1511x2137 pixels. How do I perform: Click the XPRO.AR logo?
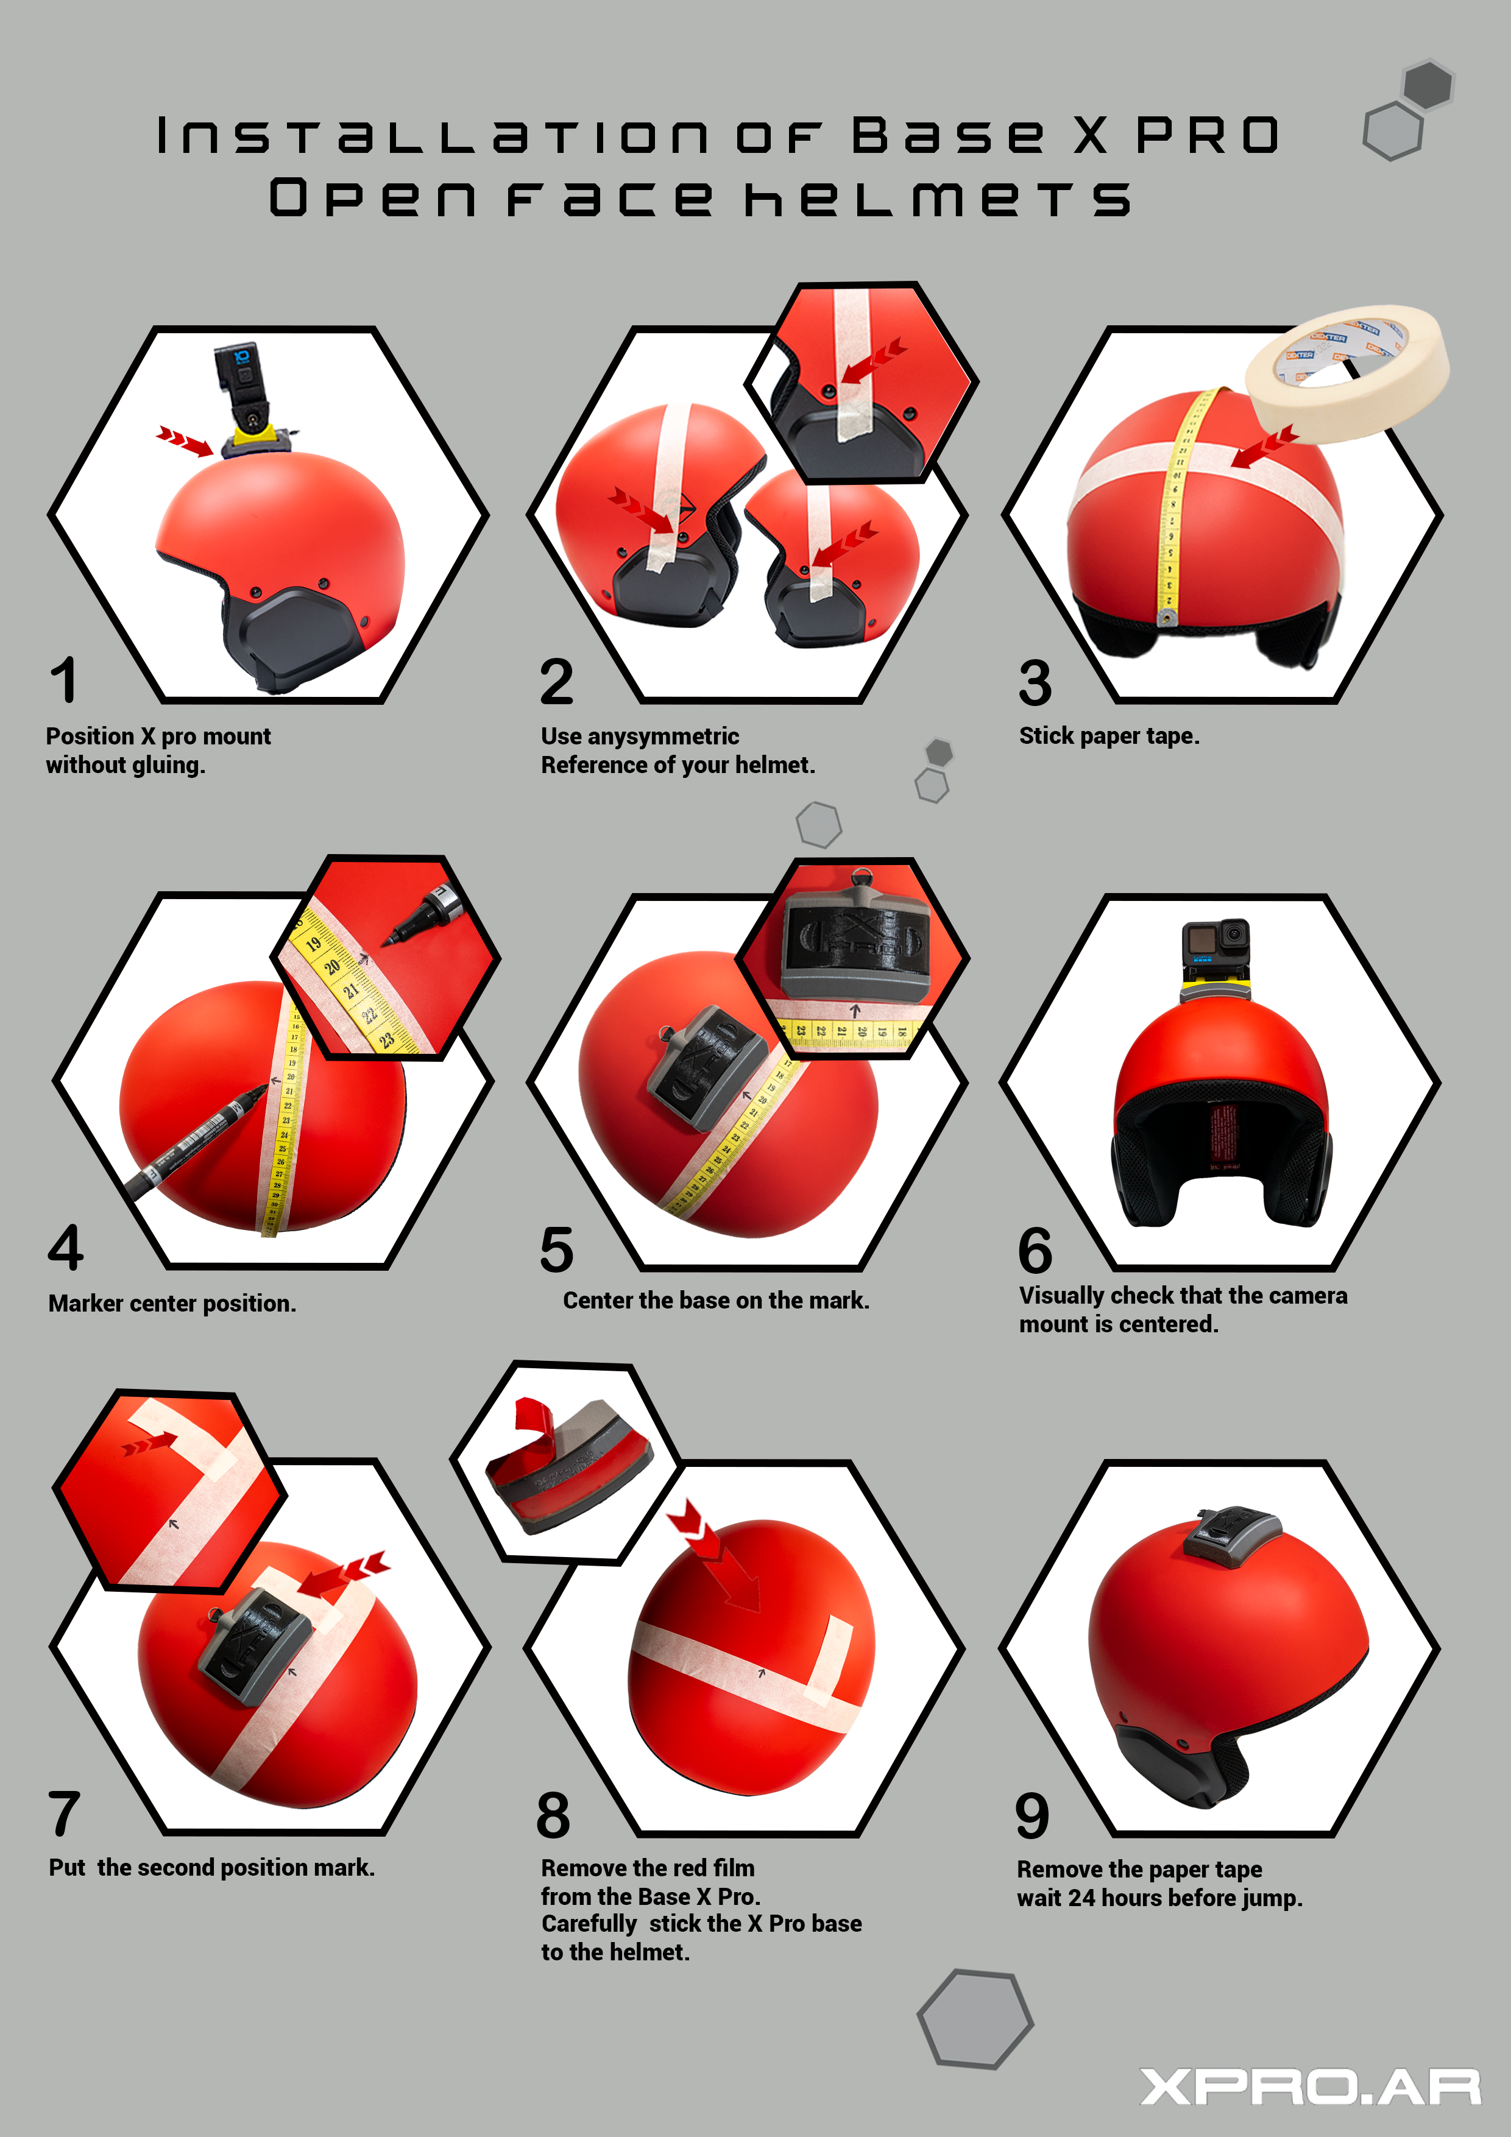(1310, 2086)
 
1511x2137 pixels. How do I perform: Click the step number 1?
(64, 680)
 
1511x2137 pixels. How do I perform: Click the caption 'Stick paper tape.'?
(1109, 735)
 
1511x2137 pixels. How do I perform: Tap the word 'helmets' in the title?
(938, 198)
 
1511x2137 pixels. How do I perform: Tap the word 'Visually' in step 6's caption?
(1061, 1296)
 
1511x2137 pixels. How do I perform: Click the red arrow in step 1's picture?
(185, 441)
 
